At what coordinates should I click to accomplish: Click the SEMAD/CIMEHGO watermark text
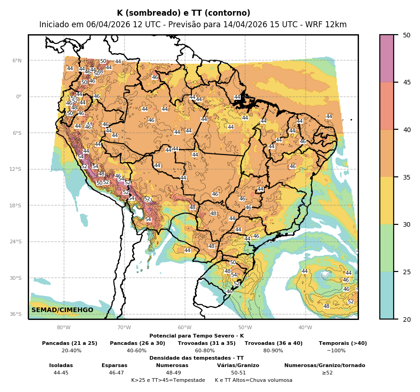62,310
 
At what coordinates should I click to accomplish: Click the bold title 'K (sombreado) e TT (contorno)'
183,13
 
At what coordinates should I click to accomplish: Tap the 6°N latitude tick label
17,60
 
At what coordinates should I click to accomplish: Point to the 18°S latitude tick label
16,205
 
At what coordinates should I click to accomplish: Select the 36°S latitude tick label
16,314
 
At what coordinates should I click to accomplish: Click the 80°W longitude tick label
64,328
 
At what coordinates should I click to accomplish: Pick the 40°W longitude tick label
305,328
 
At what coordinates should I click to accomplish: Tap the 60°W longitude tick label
184,328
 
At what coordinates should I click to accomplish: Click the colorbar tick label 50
407,35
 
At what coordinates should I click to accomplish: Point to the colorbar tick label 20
407,319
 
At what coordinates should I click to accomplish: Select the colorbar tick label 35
407,177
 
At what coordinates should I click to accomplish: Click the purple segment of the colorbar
387,58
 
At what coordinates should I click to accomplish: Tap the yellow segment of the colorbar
387,200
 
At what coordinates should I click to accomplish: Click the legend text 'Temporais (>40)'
343,344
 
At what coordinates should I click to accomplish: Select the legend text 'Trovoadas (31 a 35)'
207,344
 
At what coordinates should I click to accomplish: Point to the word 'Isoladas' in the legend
61,366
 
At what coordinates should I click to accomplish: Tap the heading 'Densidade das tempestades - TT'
196,358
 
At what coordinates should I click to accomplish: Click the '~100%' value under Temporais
336,351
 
